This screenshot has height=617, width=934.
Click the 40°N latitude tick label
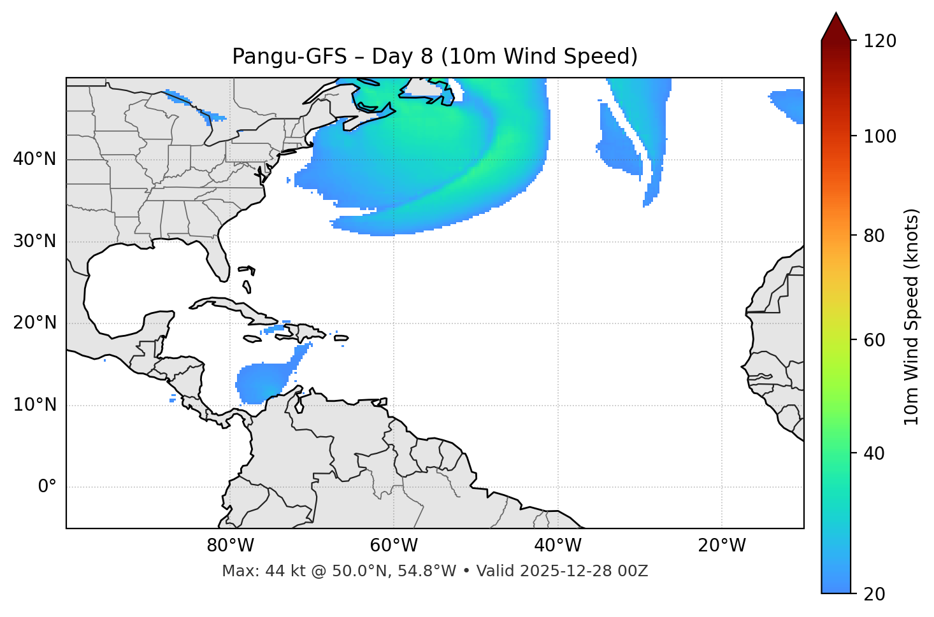point(34,159)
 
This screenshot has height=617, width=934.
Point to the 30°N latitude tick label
point(34,241)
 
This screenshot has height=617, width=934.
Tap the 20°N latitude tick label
point(34,323)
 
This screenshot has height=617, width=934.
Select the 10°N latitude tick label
point(34,405)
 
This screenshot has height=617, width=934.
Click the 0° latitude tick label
point(47,487)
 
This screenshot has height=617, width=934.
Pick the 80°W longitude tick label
point(230,546)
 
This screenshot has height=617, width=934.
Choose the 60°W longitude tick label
point(394,546)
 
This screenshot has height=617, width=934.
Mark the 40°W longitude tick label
point(558,546)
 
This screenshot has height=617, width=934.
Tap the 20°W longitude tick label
point(722,546)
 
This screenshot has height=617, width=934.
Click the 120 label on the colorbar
point(880,41)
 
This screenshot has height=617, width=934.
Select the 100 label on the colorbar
point(880,136)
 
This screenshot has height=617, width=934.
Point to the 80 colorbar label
point(874,236)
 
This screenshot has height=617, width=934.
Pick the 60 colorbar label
point(874,340)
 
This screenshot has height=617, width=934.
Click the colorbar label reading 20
point(874,594)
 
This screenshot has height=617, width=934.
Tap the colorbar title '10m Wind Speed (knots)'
point(912,316)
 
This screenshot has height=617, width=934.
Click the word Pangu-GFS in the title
point(289,57)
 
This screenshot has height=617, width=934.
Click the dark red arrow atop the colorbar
point(836,27)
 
